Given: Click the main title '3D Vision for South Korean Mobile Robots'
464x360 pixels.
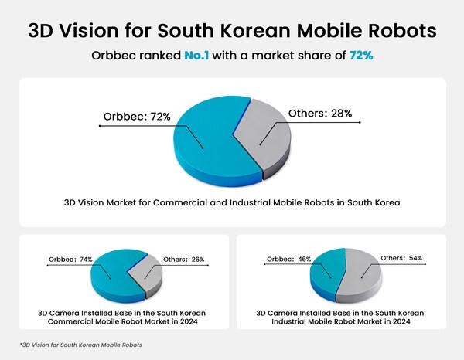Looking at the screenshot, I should pyautogui.click(x=231, y=31).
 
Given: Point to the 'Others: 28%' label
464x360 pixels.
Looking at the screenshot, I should pyautogui.click(x=319, y=114).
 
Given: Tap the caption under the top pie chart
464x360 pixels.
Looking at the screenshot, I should pyautogui.click(x=231, y=203).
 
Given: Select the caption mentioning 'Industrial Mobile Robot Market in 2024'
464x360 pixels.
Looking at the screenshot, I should pyautogui.click(x=348, y=318).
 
